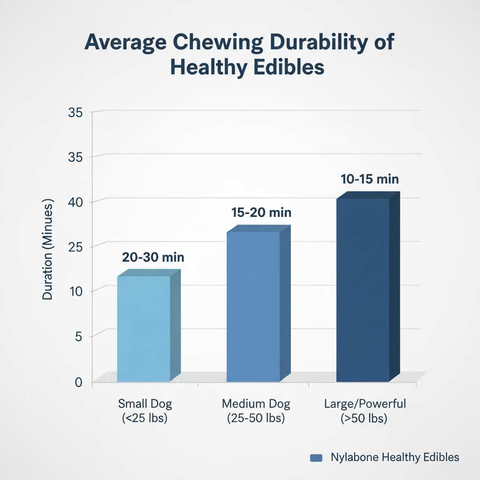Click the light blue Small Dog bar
coord(143,328)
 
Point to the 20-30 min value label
coord(153,257)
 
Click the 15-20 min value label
coord(262,213)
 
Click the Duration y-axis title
coord(48,249)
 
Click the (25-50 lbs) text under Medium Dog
coord(256,419)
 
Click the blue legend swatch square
coord(316,458)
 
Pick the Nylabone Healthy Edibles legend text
coord(395,457)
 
